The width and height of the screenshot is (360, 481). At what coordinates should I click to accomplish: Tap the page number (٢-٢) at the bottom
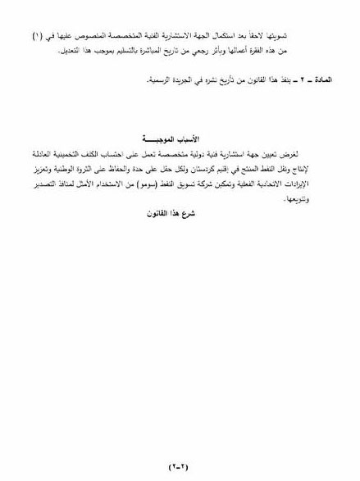(x=179, y=465)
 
